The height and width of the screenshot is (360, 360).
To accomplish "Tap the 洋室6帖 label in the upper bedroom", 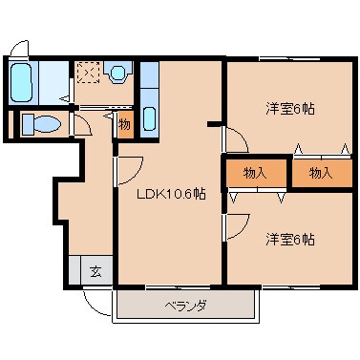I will coord(290,109).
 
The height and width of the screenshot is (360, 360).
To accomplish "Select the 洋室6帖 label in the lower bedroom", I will coord(290,239).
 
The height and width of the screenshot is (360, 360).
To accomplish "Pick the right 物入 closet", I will coord(321,175).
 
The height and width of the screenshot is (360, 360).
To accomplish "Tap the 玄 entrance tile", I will coord(95,271).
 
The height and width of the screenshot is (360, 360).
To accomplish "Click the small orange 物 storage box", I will coord(124,124).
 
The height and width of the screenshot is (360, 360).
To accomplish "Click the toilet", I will coord(40,124).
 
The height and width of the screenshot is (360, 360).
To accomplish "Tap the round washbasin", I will coord(118,74).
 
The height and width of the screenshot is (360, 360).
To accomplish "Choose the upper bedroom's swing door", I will coord(236,141).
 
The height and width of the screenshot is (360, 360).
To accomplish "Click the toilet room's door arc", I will coord(83,125).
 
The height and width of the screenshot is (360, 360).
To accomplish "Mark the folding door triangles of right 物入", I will coord(321,149).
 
